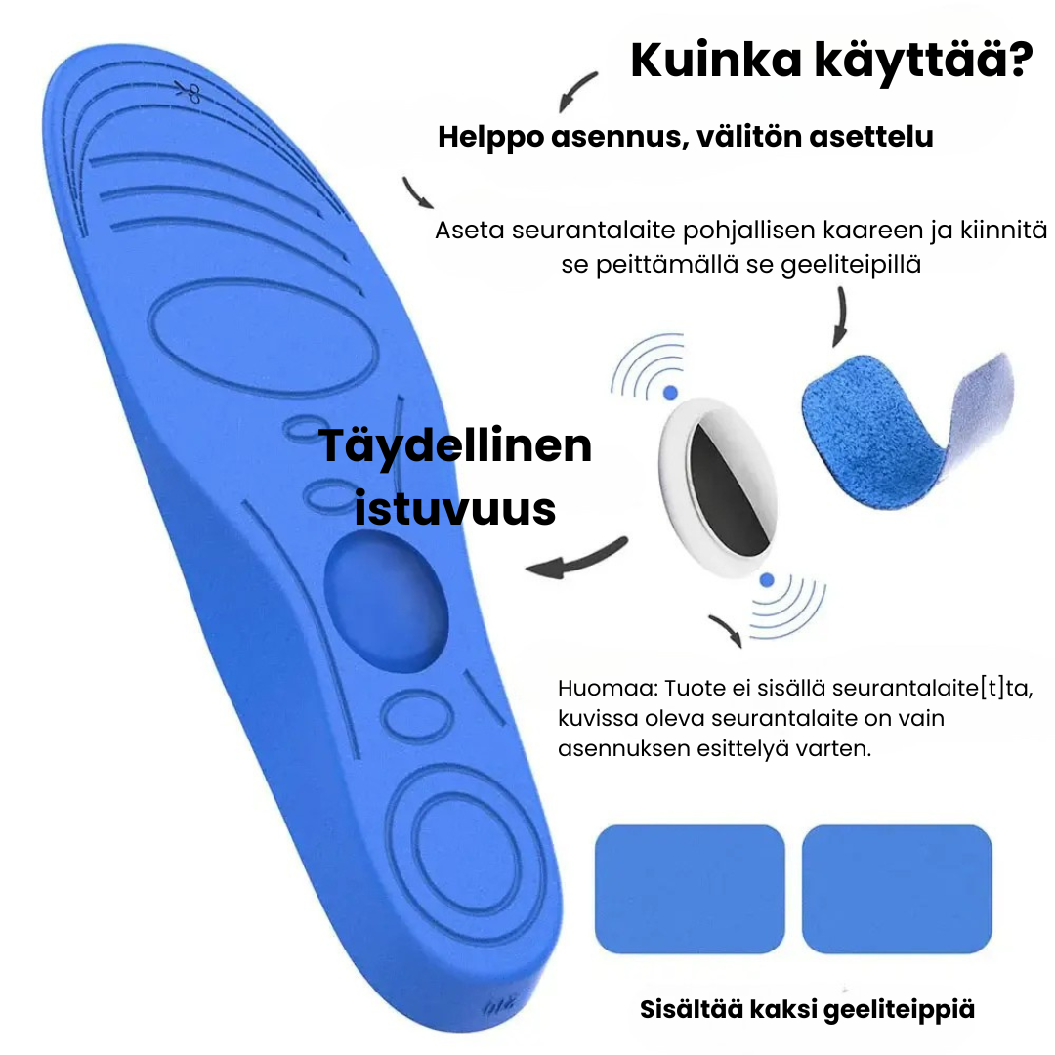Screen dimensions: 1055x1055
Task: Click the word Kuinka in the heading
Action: point(716,61)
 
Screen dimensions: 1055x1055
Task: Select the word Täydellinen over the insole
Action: point(455,446)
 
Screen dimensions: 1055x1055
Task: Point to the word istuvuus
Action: point(455,509)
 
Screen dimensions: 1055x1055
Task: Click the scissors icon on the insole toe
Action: point(189,93)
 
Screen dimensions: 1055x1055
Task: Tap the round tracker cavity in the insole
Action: point(386,601)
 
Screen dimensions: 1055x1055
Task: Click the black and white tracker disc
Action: point(718,487)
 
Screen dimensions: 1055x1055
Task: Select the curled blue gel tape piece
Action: point(907,430)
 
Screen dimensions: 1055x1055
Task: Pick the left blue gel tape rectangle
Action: point(690,889)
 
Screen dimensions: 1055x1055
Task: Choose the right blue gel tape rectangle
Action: point(897,889)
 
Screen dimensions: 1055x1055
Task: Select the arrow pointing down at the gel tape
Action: point(840,316)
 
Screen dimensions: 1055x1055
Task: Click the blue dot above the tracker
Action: point(670,393)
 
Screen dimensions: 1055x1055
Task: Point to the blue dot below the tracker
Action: point(767,580)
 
